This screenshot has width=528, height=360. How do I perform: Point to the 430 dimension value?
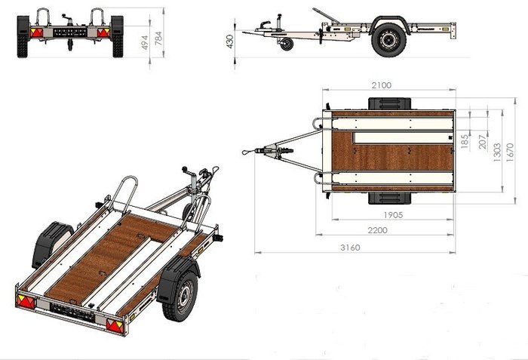pyautogui.click(x=229, y=39)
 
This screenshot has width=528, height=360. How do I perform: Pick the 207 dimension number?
pyautogui.click(x=481, y=141)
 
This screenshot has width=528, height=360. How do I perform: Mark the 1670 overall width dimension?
pyautogui.click(x=511, y=150)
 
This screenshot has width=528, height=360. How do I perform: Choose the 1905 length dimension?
pyautogui.click(x=391, y=214)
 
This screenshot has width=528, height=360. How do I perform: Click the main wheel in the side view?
pyautogui.click(x=388, y=40)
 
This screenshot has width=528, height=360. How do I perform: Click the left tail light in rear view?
pyautogui.click(x=35, y=32)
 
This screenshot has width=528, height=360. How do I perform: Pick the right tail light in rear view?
pyautogui.click(x=100, y=32)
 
